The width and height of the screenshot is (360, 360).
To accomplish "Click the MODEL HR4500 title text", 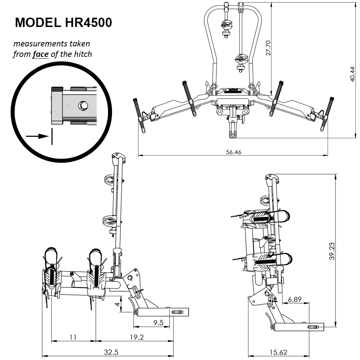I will [63, 23].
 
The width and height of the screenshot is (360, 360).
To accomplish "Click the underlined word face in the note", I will [40, 54].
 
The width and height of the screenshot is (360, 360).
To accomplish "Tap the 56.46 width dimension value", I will [233, 152].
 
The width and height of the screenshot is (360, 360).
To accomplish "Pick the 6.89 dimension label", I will [294, 300].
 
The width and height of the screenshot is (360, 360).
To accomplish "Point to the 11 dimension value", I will [73, 337].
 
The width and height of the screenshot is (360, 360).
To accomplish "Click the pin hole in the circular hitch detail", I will [83, 105].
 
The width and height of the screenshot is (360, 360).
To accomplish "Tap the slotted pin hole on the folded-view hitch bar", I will [313, 327].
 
